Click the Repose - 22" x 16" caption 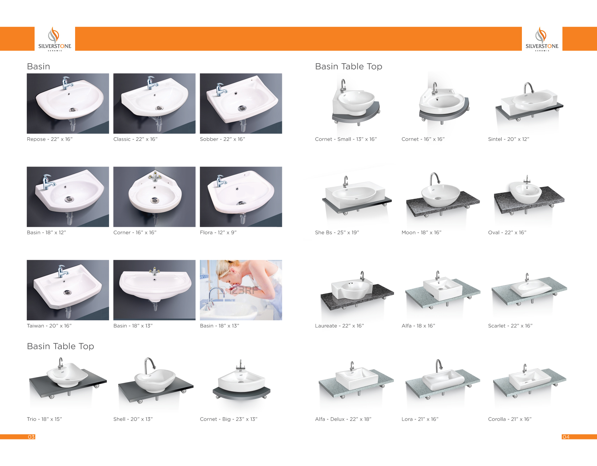tap(50, 139)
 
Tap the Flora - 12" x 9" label tap(218, 232)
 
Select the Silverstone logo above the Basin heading tap(54, 39)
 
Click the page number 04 tap(566, 437)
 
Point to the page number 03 tap(31, 437)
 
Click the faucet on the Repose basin tap(67, 83)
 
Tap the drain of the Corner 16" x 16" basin tap(154, 200)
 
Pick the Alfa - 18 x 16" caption tap(418, 326)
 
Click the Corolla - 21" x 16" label tap(510, 419)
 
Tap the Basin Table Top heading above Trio tap(60, 346)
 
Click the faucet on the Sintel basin tap(529, 88)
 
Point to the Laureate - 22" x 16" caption tap(340, 326)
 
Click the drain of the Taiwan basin tap(67, 292)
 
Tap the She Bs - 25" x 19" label tap(337, 232)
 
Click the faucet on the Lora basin tap(438, 366)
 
